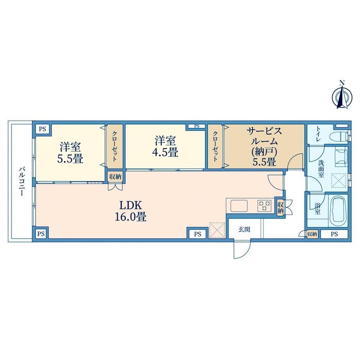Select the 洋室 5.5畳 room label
point(70,153)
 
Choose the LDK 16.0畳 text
point(130,211)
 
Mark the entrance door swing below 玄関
point(241,250)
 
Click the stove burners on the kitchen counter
point(265,205)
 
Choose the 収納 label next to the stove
point(280,207)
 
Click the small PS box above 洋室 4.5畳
point(196,126)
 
